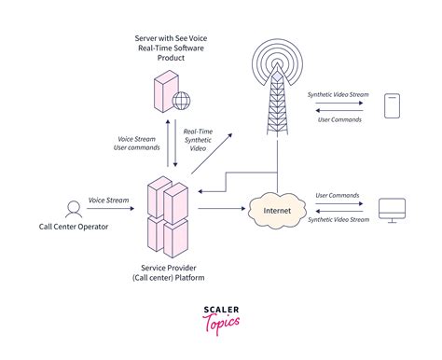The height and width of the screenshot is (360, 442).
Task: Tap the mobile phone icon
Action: (393, 104)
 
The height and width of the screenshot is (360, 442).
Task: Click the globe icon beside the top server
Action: (180, 101)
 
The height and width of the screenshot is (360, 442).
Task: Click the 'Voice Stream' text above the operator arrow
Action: (108, 199)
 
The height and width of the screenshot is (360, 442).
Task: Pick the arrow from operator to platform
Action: (109, 210)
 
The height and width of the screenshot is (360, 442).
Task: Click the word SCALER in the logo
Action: (220, 311)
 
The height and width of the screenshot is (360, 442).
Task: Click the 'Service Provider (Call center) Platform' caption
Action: (168, 271)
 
